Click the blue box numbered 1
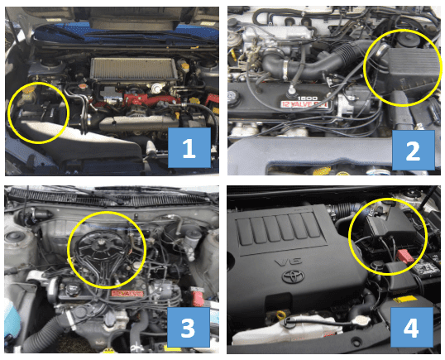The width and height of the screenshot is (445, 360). click(189, 148)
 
